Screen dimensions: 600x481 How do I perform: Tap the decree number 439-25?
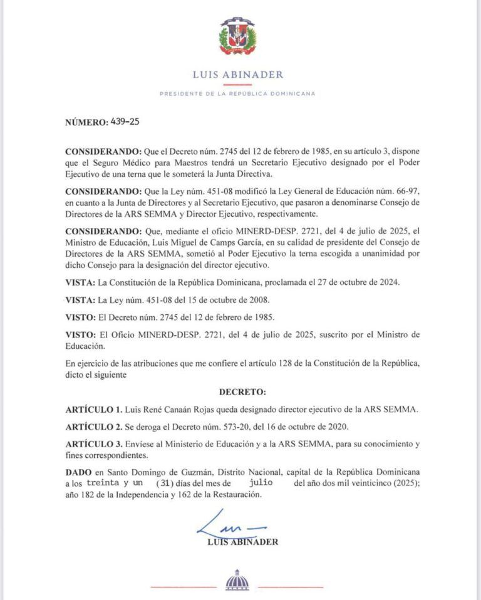[125, 122]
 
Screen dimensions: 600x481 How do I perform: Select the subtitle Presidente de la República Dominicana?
[237, 94]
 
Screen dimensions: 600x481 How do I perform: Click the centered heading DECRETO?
[242, 391]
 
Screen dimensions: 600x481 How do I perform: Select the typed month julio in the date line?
[261, 483]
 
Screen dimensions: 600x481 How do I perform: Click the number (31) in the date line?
[165, 483]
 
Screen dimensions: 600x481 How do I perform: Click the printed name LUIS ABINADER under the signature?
[242, 542]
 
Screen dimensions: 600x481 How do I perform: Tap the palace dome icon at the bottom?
[237, 581]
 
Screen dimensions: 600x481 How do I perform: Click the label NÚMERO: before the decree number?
[86, 122]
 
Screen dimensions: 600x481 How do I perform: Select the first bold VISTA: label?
[80, 282]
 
